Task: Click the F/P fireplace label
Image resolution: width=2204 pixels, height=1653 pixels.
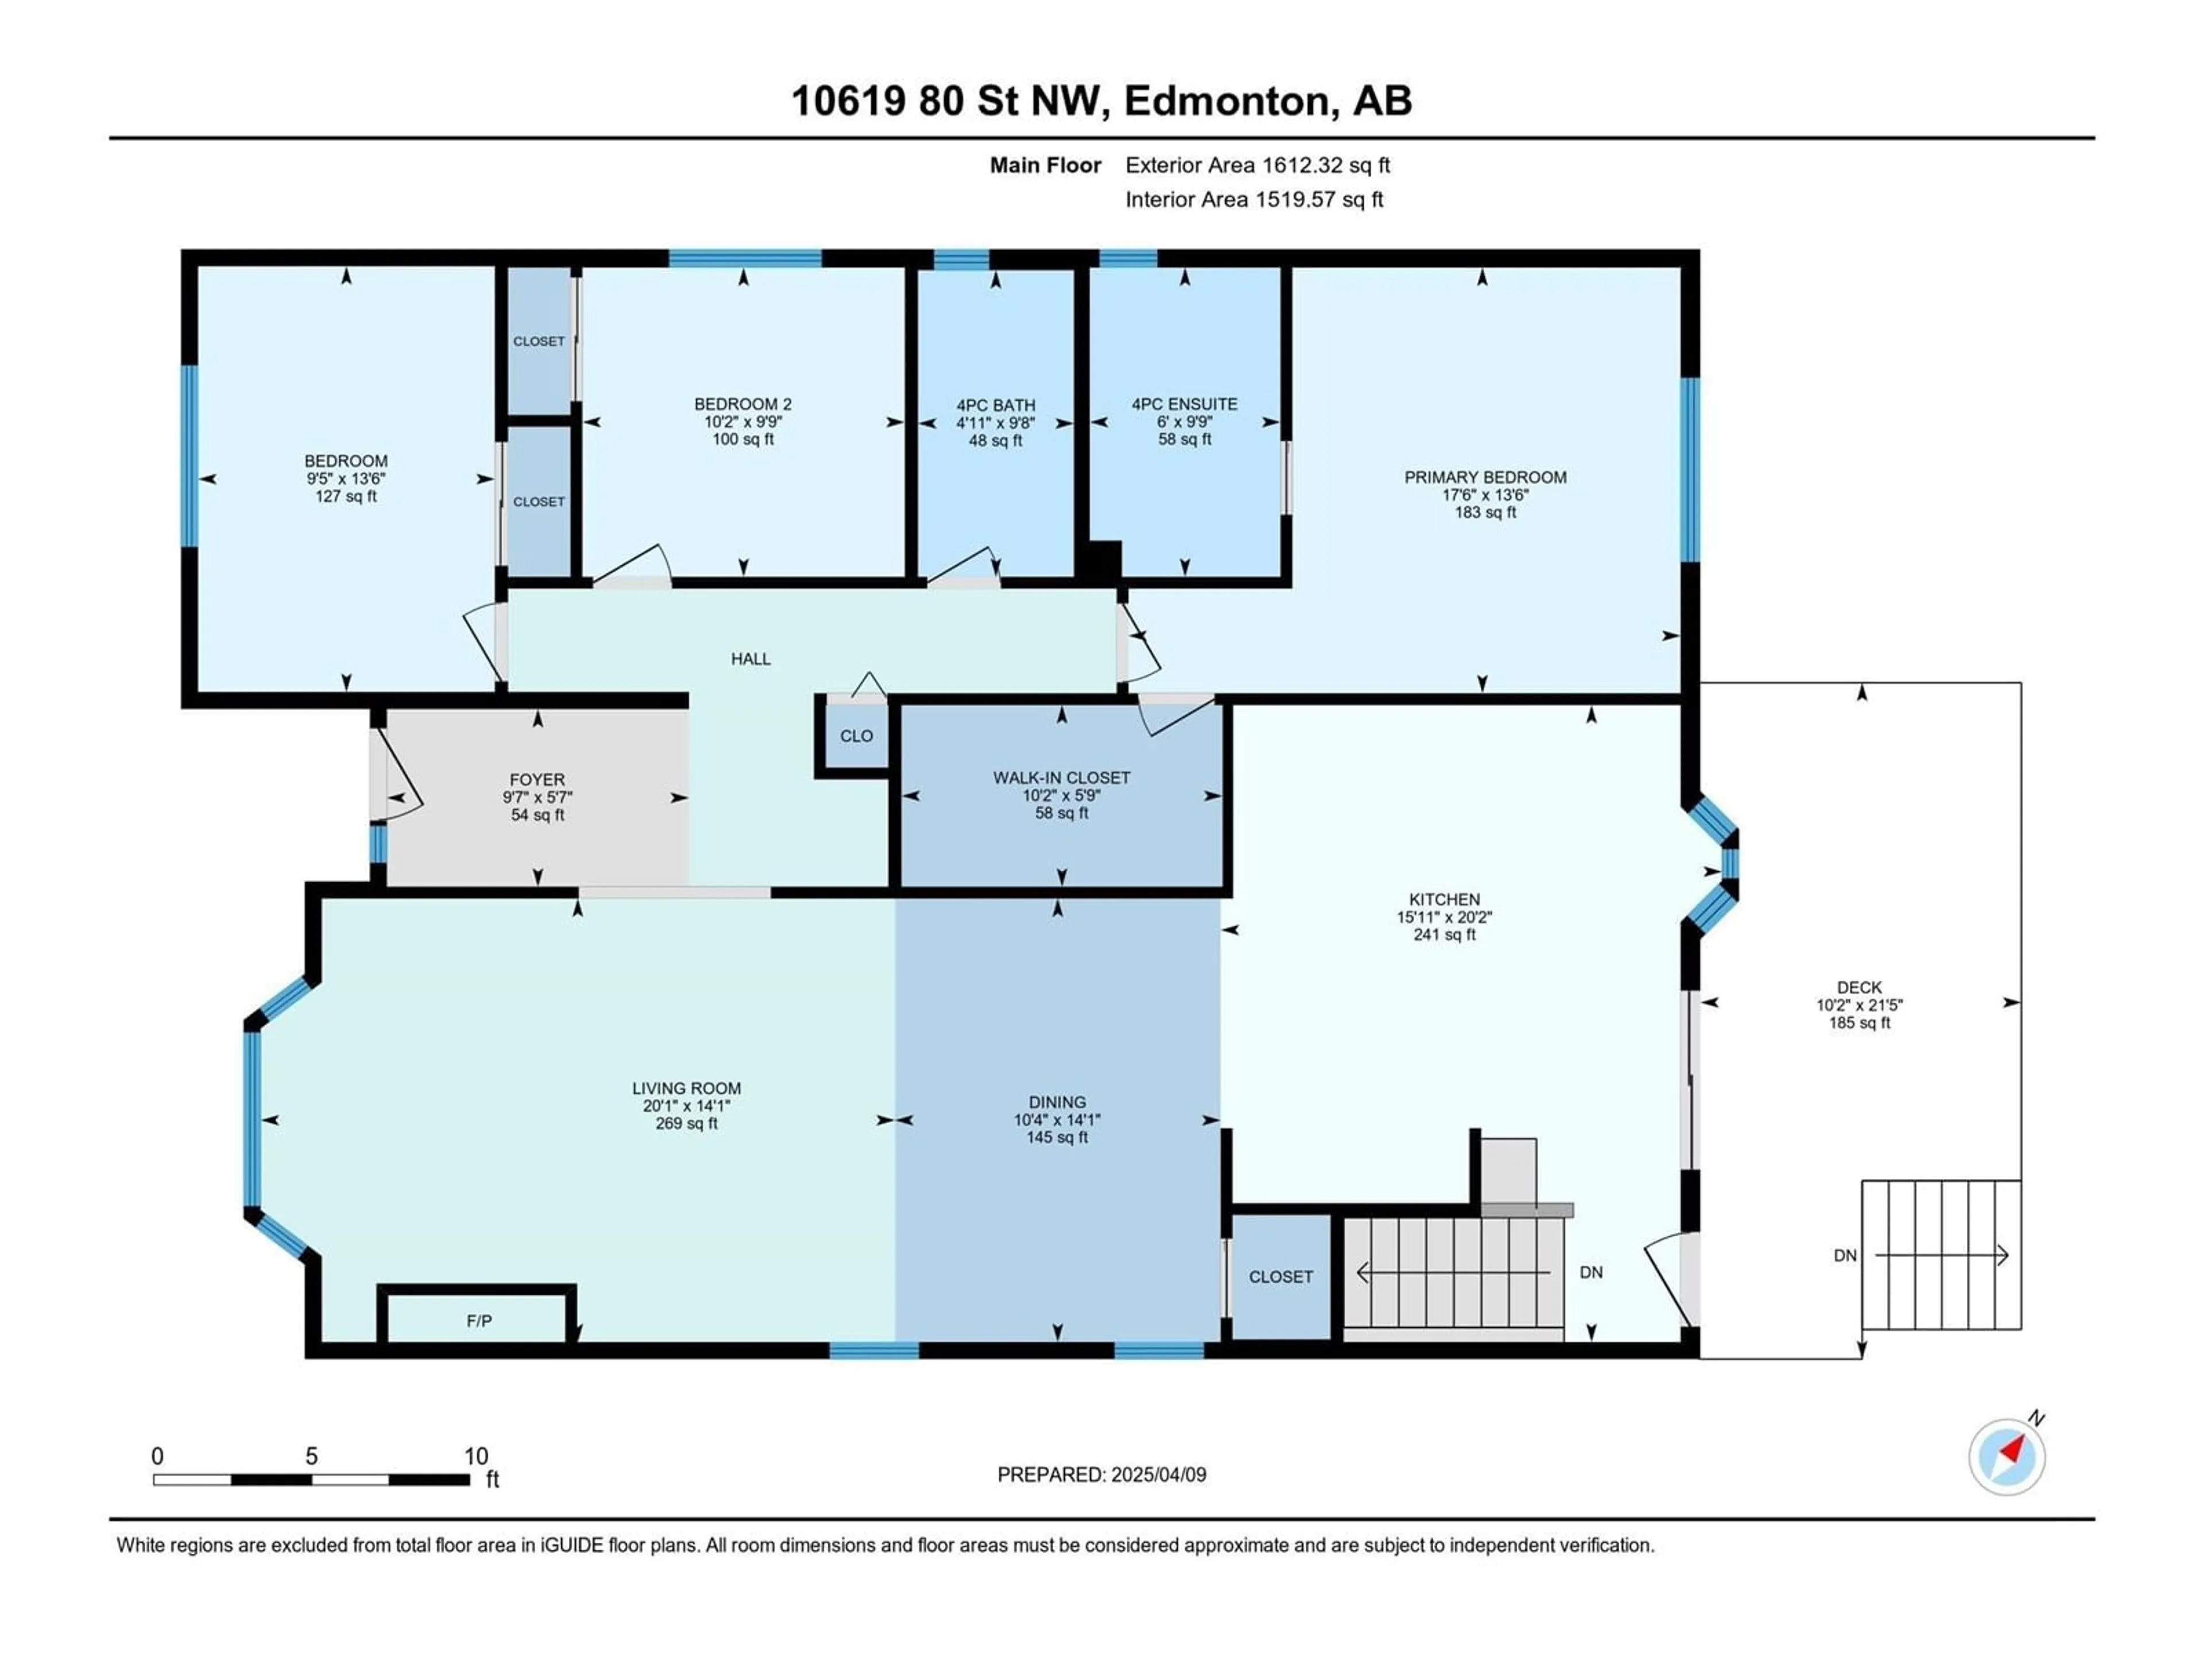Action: pyautogui.click(x=479, y=1321)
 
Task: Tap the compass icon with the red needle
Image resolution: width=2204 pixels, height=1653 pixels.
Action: pyautogui.click(x=2007, y=1457)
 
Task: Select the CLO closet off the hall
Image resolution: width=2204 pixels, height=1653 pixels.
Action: pyautogui.click(x=856, y=736)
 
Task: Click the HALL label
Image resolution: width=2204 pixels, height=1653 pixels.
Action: pyautogui.click(x=750, y=658)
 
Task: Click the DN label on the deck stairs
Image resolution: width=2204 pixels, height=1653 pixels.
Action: pyautogui.click(x=1845, y=1256)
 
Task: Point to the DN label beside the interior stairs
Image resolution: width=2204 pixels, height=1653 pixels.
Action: pyautogui.click(x=1591, y=1272)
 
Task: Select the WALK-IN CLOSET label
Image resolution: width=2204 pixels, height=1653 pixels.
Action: pyautogui.click(x=1061, y=777)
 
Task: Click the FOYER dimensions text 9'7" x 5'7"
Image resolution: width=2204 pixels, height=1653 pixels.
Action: pyautogui.click(x=537, y=797)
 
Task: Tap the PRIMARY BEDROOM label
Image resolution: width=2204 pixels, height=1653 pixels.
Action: pyautogui.click(x=1485, y=478)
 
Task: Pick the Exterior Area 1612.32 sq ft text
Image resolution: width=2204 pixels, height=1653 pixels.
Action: pyautogui.click(x=1258, y=165)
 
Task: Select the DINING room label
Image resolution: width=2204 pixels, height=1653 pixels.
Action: pyautogui.click(x=1057, y=1102)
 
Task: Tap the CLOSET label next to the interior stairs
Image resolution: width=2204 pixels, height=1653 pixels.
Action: pyautogui.click(x=1281, y=1276)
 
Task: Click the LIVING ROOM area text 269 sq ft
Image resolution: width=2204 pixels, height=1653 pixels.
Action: pyautogui.click(x=686, y=1123)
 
